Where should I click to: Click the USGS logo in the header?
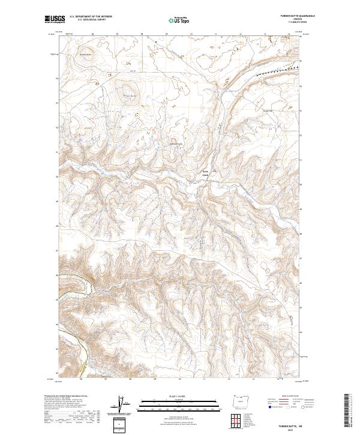pyautogui.click(x=55, y=20)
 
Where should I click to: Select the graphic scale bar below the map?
pyautogui.click(x=179, y=405)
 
